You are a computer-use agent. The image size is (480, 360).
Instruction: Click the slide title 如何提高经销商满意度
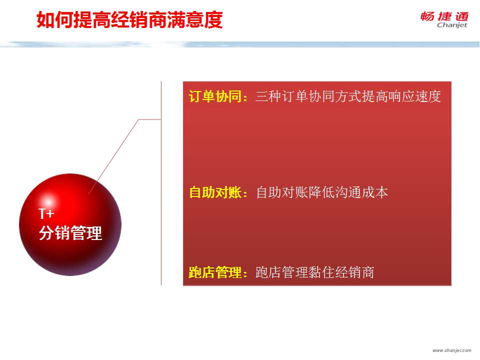tap(129, 20)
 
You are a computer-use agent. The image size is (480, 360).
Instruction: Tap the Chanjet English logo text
tap(452, 25)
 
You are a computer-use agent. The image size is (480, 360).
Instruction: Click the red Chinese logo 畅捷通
tap(444, 16)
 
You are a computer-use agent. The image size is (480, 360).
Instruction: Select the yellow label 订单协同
tap(215, 96)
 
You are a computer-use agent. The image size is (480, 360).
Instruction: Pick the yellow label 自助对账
tap(215, 192)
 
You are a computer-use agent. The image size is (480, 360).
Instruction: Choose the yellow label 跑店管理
tap(215, 272)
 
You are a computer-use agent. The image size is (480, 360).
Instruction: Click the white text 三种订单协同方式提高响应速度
tap(348, 96)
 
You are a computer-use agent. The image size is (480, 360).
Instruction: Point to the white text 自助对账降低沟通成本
tap(322, 192)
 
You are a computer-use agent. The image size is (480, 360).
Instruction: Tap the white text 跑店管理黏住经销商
tap(315, 272)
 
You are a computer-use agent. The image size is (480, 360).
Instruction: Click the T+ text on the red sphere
tap(46, 213)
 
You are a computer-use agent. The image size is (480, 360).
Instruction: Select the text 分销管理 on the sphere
tap(70, 233)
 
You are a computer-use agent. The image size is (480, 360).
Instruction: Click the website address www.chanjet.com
tap(452, 350)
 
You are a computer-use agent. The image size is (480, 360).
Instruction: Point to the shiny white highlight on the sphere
tap(48, 201)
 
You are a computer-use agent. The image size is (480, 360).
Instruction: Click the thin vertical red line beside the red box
tap(161, 183)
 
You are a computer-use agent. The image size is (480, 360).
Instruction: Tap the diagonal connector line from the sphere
tap(114, 156)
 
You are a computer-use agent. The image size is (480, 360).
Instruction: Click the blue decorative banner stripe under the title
tap(240, 44)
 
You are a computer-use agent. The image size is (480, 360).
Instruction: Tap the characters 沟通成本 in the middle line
tap(362, 192)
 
